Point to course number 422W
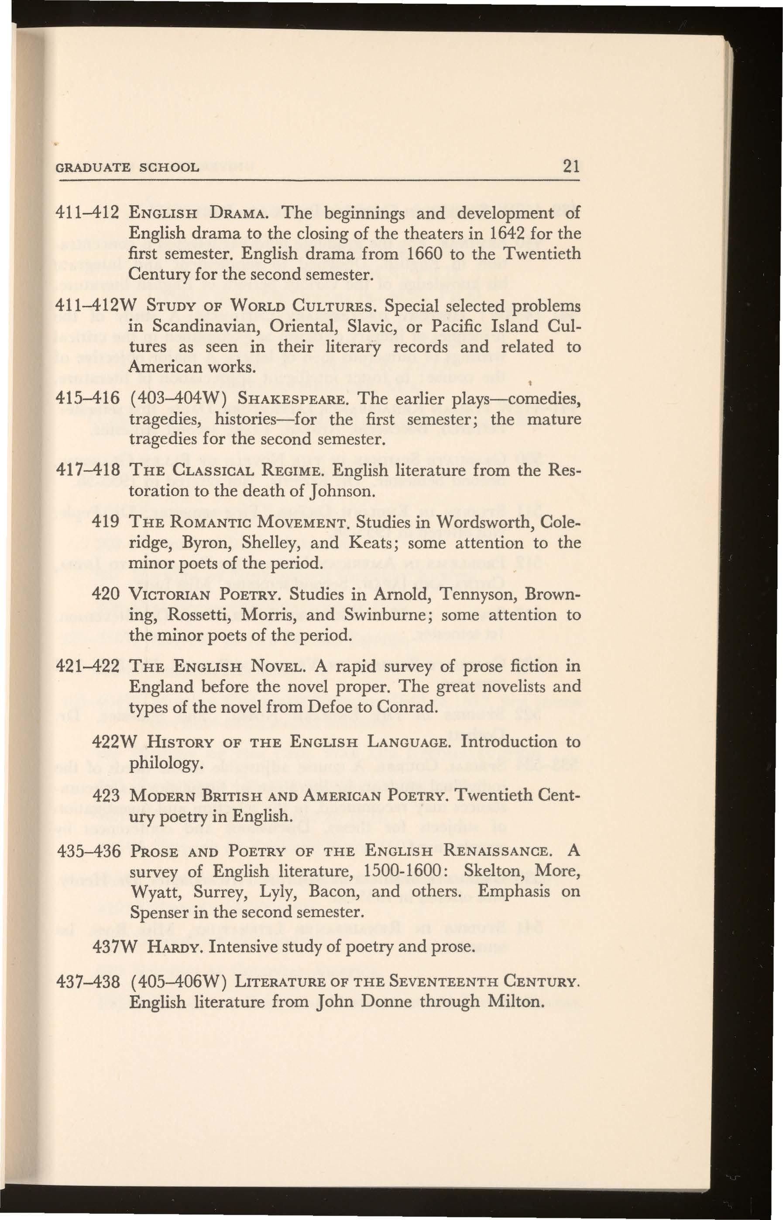113,742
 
